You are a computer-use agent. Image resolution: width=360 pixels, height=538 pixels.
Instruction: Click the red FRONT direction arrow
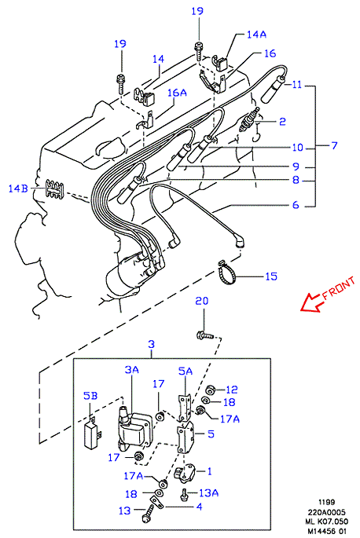click(310, 302)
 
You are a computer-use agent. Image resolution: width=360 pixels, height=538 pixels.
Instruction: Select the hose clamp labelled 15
click(226, 273)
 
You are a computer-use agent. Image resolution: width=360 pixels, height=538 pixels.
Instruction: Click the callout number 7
click(334, 145)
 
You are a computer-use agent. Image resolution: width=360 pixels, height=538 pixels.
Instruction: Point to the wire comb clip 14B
click(54, 189)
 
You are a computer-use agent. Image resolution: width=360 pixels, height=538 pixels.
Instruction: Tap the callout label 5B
click(90, 396)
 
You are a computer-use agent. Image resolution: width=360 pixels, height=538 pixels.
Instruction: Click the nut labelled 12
click(210, 390)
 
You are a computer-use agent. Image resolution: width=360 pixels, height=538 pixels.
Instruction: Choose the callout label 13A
click(209, 492)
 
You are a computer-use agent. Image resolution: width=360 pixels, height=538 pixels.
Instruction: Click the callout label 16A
click(178, 93)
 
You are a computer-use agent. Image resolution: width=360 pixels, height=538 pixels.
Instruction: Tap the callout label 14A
click(256, 35)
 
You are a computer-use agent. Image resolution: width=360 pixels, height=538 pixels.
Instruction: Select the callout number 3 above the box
click(151, 344)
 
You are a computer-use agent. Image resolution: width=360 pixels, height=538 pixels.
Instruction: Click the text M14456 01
click(326, 531)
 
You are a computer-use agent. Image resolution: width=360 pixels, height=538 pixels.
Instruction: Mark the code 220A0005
click(326, 512)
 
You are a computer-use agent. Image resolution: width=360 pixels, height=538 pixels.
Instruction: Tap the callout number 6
click(296, 205)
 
